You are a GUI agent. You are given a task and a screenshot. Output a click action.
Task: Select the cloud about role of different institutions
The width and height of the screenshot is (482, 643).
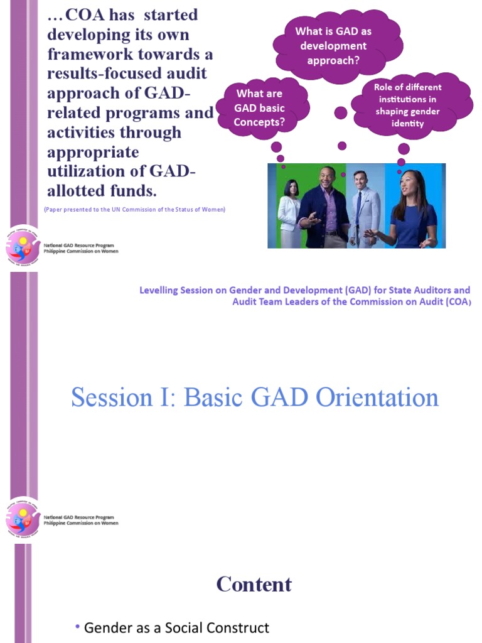tap(408, 105)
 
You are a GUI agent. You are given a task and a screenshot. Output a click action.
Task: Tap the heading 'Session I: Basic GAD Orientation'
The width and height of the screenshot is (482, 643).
tap(254, 397)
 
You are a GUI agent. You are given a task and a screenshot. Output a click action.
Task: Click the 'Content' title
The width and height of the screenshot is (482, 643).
tap(254, 585)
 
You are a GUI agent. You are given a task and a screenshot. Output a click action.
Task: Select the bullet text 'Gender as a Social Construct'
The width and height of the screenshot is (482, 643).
tap(176, 627)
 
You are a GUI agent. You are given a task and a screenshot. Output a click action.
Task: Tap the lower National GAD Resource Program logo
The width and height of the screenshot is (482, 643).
tap(23, 519)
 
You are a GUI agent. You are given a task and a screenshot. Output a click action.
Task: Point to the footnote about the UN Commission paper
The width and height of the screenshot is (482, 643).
tap(134, 209)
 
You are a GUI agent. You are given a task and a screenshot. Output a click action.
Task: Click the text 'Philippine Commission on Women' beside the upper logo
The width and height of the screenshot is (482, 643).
tap(80, 251)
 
